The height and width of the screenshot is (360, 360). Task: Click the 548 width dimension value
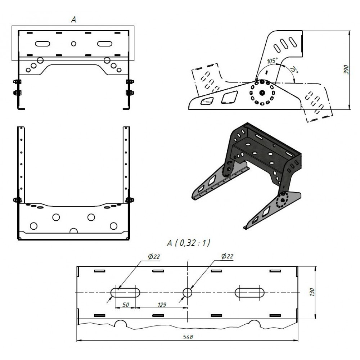coord(188,337)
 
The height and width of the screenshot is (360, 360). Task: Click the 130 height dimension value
coord(312,292)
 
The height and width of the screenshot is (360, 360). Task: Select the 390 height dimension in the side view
coord(346,69)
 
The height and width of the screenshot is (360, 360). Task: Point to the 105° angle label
coord(272,61)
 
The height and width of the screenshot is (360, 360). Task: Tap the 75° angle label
coord(294,69)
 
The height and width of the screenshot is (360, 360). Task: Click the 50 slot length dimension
coord(125,305)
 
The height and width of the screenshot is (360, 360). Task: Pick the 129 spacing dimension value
coord(162,305)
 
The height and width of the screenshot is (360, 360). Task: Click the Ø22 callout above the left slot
coord(154,256)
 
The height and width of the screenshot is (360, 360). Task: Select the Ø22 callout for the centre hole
coord(227,256)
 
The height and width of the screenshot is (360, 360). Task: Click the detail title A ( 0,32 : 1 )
coord(188,243)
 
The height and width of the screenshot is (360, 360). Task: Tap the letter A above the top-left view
coord(73,20)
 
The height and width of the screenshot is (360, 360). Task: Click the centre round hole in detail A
coord(188,293)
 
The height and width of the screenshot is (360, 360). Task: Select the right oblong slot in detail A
coord(249,293)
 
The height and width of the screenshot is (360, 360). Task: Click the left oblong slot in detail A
coord(125,293)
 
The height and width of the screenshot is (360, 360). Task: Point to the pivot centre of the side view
coord(262,93)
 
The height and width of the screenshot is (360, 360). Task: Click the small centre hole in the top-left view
coord(73,44)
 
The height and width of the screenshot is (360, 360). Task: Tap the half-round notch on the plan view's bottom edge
coord(73,231)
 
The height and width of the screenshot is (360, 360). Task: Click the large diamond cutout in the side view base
coord(229,97)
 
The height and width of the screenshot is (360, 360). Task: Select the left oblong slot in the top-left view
coord(42,44)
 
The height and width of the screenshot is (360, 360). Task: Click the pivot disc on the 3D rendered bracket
coord(282,200)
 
